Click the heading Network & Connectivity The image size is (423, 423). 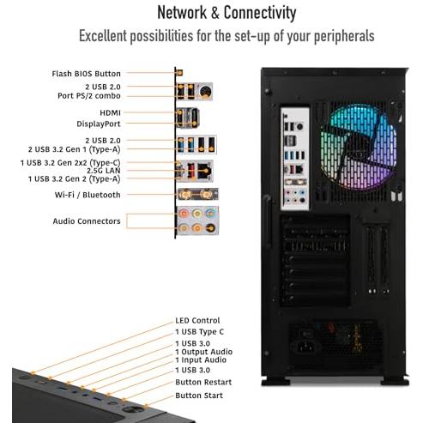click(227, 13)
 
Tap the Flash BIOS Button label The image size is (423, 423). click(86, 74)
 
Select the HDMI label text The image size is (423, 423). click(110, 113)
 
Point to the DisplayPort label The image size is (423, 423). click(99, 124)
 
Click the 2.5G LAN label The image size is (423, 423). click(104, 171)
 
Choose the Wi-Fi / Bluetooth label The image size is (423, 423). click(88, 195)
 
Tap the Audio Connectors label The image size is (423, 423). click(87, 221)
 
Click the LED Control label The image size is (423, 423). click(197, 320)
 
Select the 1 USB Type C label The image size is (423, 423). click(199, 332)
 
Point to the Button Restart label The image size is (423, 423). click(203, 382)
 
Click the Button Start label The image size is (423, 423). click(199, 396)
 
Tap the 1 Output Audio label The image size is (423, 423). click(203, 352)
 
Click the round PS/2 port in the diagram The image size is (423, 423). click(205, 92)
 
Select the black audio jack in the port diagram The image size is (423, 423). click(211, 228)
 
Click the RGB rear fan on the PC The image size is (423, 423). click(359, 148)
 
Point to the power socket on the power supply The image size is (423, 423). click(306, 347)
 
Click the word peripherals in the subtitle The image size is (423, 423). click(344, 36)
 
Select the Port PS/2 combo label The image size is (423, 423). click(89, 96)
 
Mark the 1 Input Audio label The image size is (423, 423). click(201, 360)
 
